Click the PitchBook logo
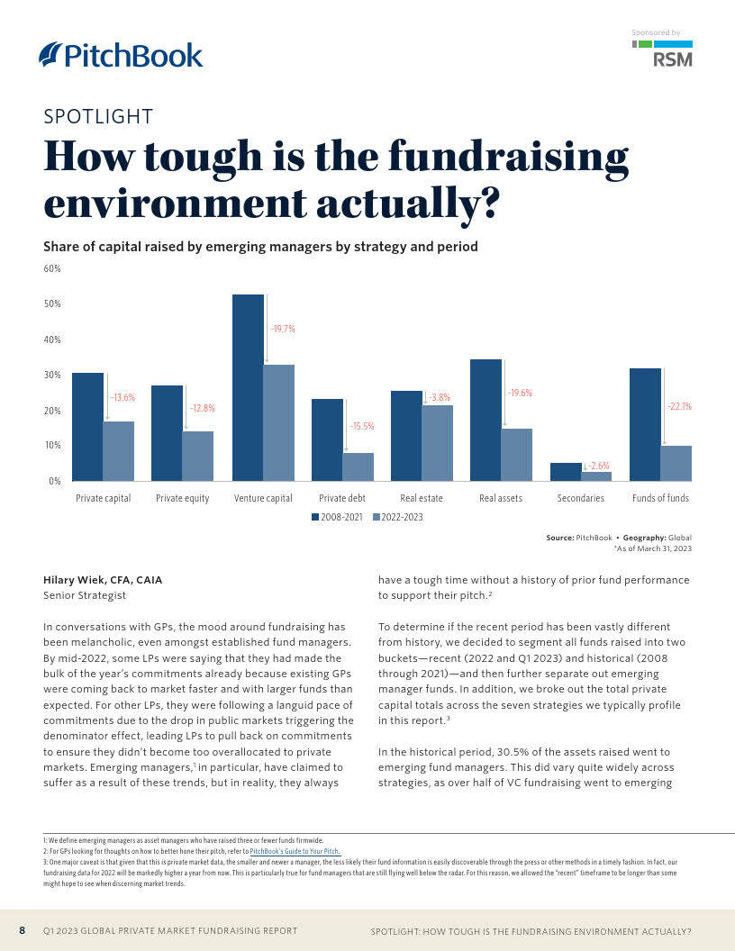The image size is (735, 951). coord(122,55)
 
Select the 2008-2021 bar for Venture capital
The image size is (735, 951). coord(248,387)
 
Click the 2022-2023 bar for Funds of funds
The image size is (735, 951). coord(676,463)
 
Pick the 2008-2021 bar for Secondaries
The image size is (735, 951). coord(566,472)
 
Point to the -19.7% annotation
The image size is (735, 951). coord(283,329)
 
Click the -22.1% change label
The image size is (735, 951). coord(679,406)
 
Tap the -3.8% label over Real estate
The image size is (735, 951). coord(438,397)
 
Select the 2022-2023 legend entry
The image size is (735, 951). coord(397,517)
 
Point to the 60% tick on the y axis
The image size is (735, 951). coord(52,268)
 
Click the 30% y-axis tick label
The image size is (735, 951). coord(52,375)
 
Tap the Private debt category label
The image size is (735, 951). coord(341,498)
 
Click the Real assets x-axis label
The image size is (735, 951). coord(501,498)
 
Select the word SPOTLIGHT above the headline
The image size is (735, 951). coord(98,116)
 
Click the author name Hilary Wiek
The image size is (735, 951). coord(103,580)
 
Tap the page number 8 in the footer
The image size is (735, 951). coord(23,930)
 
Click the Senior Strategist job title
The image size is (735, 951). coord(85,595)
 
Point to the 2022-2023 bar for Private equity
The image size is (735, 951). coord(198,456)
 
